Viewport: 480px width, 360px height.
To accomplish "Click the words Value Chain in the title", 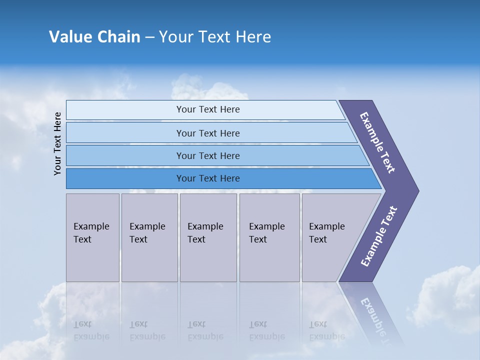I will point(94,37).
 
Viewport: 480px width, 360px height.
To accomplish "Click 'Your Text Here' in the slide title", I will point(214,37).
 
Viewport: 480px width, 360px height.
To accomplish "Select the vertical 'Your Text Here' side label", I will point(57,143).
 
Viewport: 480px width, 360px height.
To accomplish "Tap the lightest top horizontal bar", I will point(207,109).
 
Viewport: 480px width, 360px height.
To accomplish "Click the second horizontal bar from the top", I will point(207,133).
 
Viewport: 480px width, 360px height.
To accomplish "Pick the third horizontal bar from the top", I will point(207,155).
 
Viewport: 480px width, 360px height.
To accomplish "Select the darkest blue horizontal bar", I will point(207,178).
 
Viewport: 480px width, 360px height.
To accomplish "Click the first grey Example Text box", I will point(92,237).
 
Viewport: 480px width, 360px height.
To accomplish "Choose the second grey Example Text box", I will point(149,237).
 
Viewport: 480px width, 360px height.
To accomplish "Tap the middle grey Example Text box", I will point(208,237).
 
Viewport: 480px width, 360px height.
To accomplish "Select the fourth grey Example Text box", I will point(269,237).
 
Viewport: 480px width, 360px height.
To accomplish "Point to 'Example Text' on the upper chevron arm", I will point(377,142).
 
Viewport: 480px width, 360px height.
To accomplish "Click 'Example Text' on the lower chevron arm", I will point(378,236).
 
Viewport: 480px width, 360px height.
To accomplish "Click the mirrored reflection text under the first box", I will point(91,331).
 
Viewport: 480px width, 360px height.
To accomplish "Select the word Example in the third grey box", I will point(205,226).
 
